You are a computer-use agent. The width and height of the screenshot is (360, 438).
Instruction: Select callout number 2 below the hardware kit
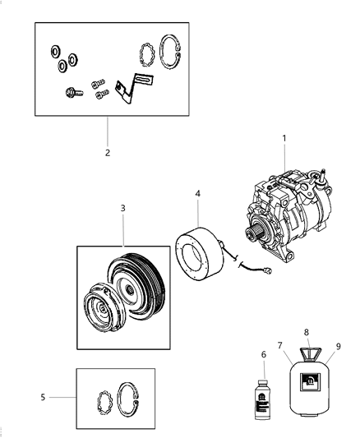pyautogui.click(x=107, y=152)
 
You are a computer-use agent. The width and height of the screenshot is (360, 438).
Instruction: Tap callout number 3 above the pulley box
pyautogui.click(x=122, y=208)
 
